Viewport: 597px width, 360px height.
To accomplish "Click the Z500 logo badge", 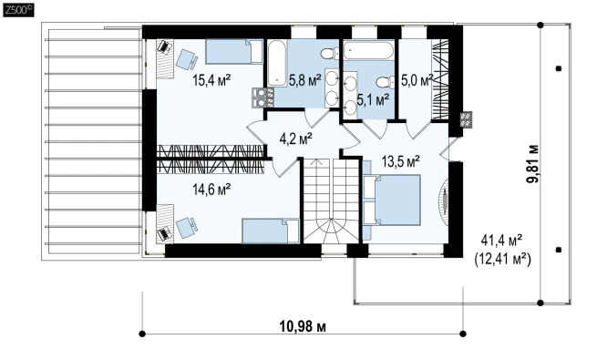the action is pos(18,10).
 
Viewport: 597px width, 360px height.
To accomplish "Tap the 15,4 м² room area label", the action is pos(211,80).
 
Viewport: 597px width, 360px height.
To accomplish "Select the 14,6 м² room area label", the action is pos(211,189).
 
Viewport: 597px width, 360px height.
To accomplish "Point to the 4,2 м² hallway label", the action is pos(296,139).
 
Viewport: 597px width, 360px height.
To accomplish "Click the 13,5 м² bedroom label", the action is pos(400,161).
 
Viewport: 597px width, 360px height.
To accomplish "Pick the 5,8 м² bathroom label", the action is pos(304,80).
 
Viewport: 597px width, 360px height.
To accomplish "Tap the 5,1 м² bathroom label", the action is pos(373,99).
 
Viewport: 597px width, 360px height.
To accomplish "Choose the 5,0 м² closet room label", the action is pos(417,80).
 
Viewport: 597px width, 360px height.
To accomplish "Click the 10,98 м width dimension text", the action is pos(303,326).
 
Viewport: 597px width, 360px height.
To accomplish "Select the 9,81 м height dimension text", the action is pos(533,164).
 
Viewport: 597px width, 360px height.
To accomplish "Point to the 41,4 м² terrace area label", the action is pos(501,241).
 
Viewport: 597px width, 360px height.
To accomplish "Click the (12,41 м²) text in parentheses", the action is pos(502,260).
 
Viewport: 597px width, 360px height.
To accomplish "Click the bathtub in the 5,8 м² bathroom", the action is pos(277,63).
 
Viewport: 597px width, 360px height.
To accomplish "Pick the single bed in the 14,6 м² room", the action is pos(271,231).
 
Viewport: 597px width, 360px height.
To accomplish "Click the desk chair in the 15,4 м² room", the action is pos(187,59).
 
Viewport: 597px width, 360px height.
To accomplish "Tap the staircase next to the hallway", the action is pos(331,201).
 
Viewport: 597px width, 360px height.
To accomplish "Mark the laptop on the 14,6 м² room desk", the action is pos(165,233).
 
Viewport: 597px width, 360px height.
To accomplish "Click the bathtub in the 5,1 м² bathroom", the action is pos(368,50).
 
